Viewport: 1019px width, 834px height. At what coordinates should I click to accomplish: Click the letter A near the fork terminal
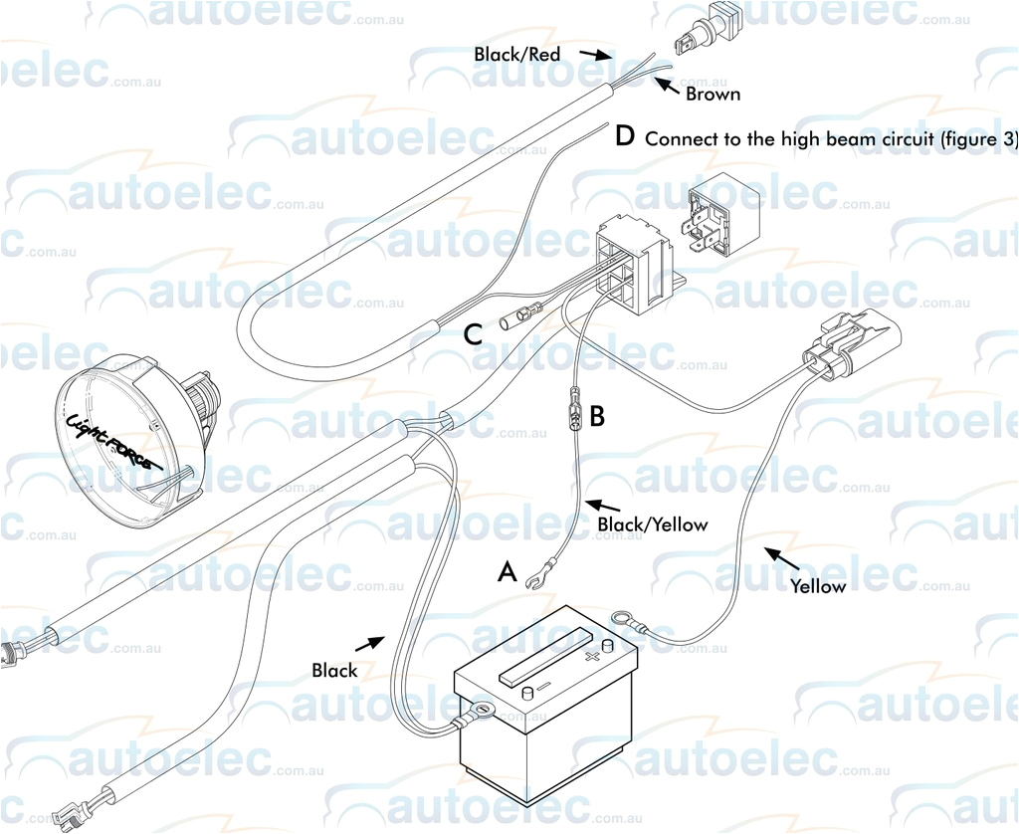tap(508, 572)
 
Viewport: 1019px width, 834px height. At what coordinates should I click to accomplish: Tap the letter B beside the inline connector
tap(597, 416)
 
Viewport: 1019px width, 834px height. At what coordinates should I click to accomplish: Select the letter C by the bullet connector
tap(474, 335)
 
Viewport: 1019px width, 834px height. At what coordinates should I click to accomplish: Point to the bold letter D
tap(625, 136)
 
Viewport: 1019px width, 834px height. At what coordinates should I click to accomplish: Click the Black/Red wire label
tap(516, 55)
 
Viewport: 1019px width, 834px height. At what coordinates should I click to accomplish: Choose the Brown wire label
tap(713, 95)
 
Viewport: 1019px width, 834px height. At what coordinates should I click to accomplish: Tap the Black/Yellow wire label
tap(652, 524)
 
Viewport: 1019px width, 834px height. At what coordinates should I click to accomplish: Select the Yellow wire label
tap(818, 586)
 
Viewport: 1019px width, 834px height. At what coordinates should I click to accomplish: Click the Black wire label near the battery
tap(334, 671)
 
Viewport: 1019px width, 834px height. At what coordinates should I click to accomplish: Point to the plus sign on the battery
tap(593, 657)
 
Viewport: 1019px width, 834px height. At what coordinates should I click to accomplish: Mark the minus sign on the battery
tap(543, 688)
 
